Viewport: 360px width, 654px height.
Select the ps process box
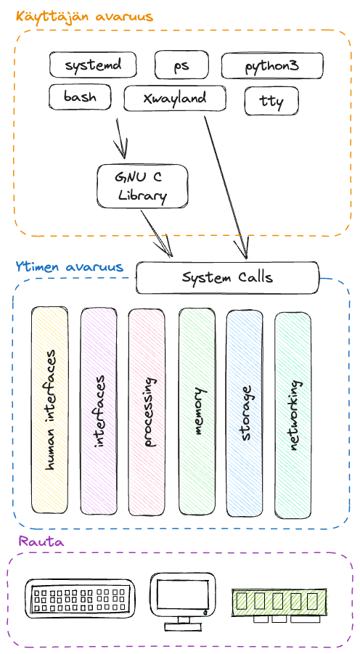tap(181, 65)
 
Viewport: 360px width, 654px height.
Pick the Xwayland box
tap(175, 98)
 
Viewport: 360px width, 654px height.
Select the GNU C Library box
tap(142, 186)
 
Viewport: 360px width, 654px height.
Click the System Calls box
tap(227, 278)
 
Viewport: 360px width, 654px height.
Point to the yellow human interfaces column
tap(50, 410)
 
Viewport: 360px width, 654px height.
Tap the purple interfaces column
tap(99, 410)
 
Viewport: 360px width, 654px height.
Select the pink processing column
tap(147, 410)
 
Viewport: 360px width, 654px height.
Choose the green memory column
tap(197, 410)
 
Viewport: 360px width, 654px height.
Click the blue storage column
tap(245, 410)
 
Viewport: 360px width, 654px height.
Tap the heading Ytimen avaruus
tap(69, 267)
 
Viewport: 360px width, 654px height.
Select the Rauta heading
tap(41, 542)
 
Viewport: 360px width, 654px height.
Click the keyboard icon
tap(79, 599)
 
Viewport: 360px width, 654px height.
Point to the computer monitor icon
tap(181, 599)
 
